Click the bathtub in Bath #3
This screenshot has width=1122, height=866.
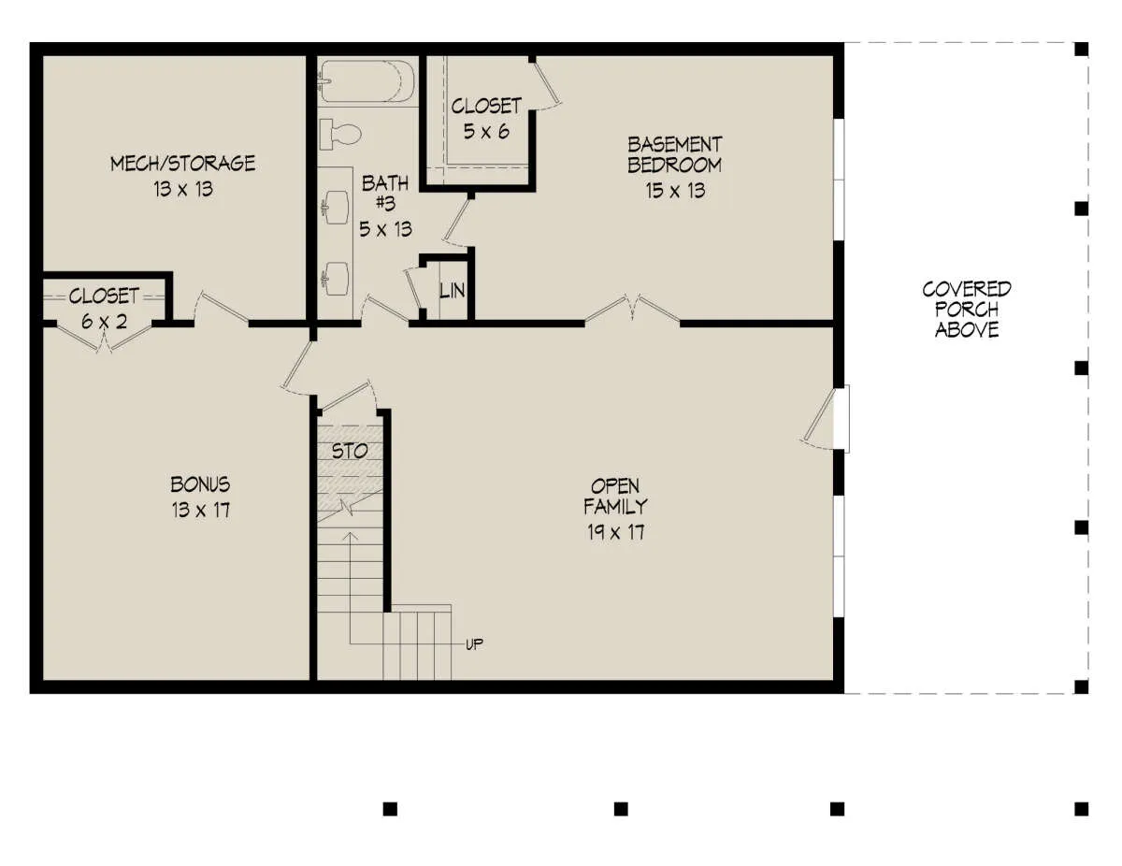[367, 81]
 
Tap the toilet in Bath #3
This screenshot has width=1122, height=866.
[339, 134]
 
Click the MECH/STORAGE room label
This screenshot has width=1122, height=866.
[182, 164]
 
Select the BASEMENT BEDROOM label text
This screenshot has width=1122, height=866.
[675, 155]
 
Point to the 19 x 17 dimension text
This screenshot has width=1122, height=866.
[616, 532]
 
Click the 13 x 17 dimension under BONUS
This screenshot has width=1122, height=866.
[201, 511]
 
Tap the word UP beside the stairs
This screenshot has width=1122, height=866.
[475, 644]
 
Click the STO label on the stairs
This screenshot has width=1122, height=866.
[350, 452]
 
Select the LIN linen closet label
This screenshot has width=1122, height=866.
[453, 291]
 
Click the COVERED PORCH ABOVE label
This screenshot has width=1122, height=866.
[967, 309]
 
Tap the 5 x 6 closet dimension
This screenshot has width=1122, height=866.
[486, 132]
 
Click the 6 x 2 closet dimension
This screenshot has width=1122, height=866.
[105, 322]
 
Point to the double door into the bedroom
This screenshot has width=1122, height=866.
[632, 310]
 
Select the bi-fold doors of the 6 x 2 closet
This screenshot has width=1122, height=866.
[105, 339]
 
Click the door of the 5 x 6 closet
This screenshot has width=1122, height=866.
[547, 84]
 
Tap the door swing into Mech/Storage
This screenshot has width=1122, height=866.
[222, 309]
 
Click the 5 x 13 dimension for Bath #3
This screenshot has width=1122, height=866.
[386, 229]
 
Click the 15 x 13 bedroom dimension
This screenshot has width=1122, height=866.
[675, 191]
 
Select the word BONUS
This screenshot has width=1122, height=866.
[200, 484]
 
